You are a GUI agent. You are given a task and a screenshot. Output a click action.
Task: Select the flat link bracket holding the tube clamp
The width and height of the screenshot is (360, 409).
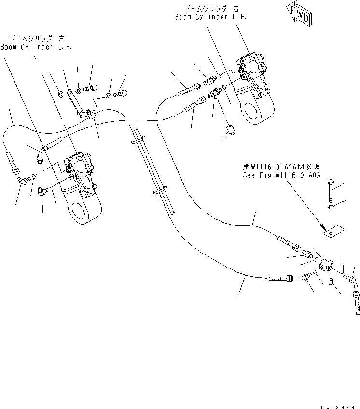coord(72,102)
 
